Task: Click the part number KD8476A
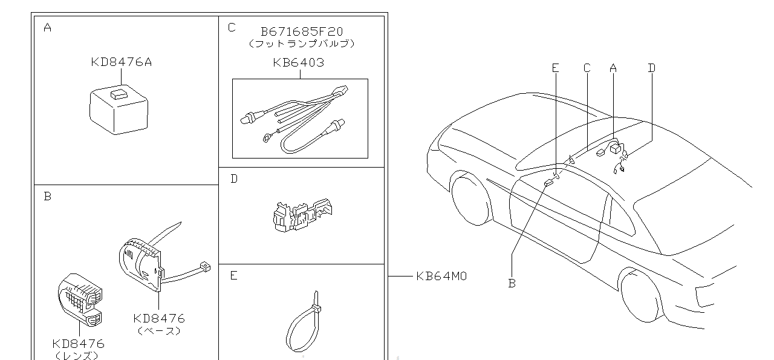tap(121, 61)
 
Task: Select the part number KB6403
tap(298, 62)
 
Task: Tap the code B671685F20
tap(301, 31)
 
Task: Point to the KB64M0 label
tap(441, 277)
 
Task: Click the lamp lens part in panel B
tap(80, 299)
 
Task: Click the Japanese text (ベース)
tap(159, 331)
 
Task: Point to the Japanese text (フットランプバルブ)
tap(301, 44)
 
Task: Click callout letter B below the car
tap(512, 283)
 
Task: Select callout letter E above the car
tap(556, 68)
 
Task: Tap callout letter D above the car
tap(651, 68)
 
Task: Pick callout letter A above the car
tap(613, 68)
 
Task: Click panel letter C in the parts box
tap(232, 27)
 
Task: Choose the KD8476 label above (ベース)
tap(159, 318)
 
